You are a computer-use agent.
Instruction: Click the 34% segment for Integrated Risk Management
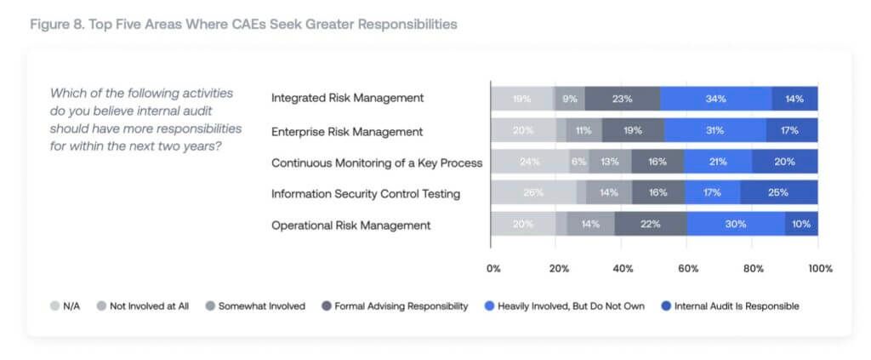coord(715,99)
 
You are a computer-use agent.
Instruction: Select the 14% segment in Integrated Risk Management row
coord(794,99)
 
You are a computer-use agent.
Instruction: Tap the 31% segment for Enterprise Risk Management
coord(714,131)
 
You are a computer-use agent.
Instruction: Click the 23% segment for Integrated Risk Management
coord(622,99)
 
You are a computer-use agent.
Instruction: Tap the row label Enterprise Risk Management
coord(346,131)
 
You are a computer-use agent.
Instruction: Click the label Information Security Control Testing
coord(365,194)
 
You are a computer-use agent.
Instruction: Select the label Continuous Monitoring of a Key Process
coord(376,163)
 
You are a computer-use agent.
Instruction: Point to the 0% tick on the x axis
coord(493,268)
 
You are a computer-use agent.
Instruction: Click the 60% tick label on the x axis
coord(688,268)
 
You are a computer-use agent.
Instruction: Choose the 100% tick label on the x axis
coord(820,268)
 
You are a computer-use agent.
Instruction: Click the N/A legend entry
coord(65,306)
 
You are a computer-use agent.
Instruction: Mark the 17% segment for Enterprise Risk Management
coord(791,131)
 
